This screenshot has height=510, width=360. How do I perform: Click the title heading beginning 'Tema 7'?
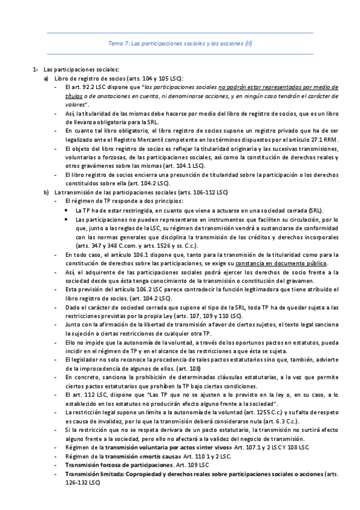pos(180,43)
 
